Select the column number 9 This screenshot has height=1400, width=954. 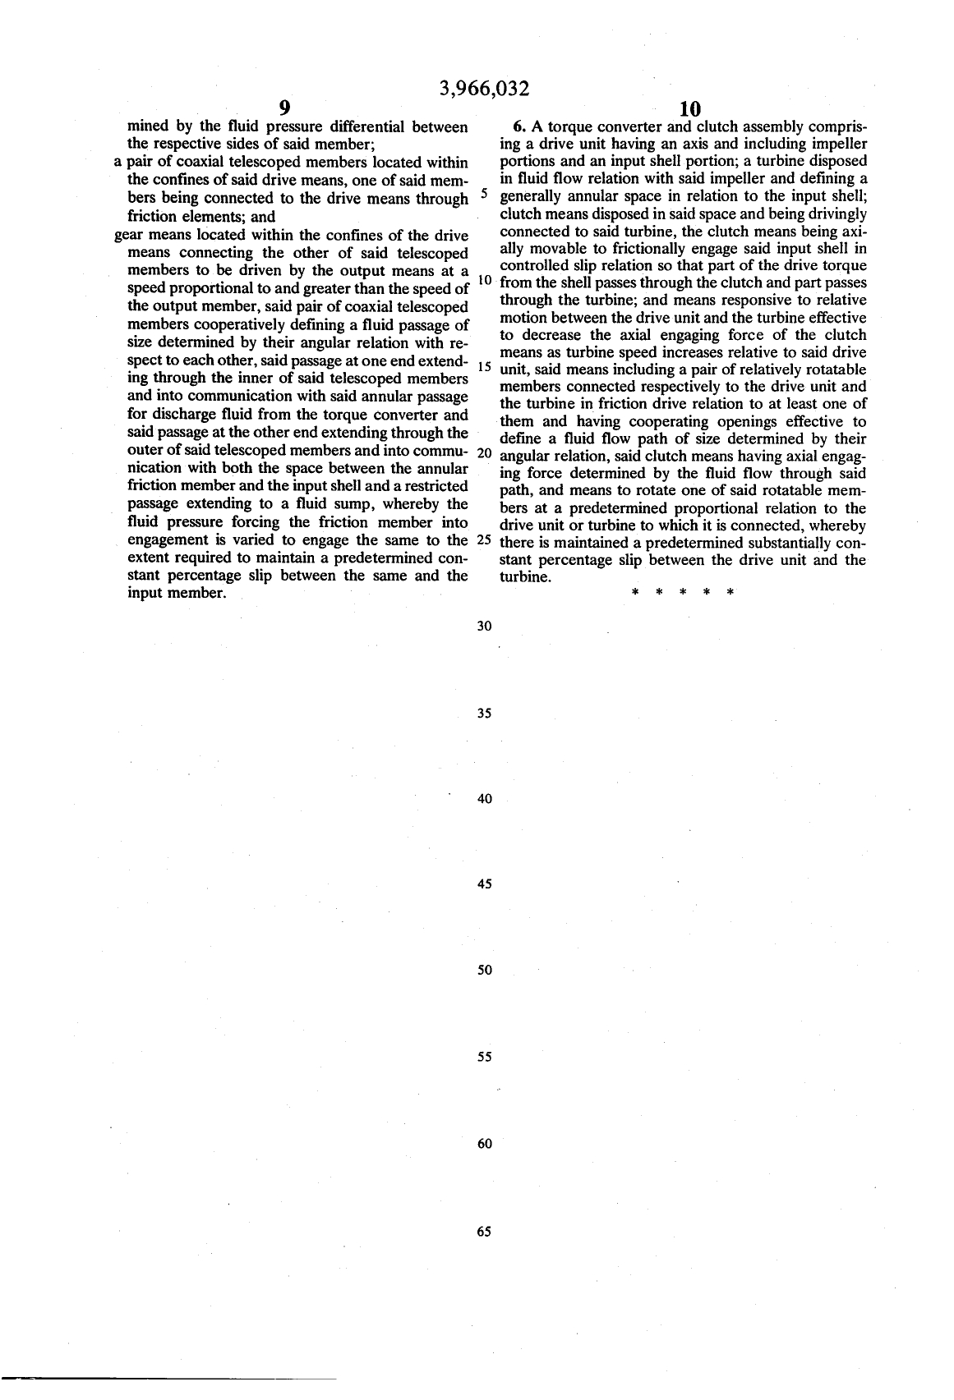[x=284, y=108]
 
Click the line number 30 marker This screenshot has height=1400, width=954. [x=484, y=627]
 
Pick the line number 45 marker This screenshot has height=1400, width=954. [x=484, y=884]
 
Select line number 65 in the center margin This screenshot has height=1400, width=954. [x=483, y=1232]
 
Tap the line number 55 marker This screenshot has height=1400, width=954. [x=484, y=1057]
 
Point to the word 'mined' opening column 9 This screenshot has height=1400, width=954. [x=148, y=127]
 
